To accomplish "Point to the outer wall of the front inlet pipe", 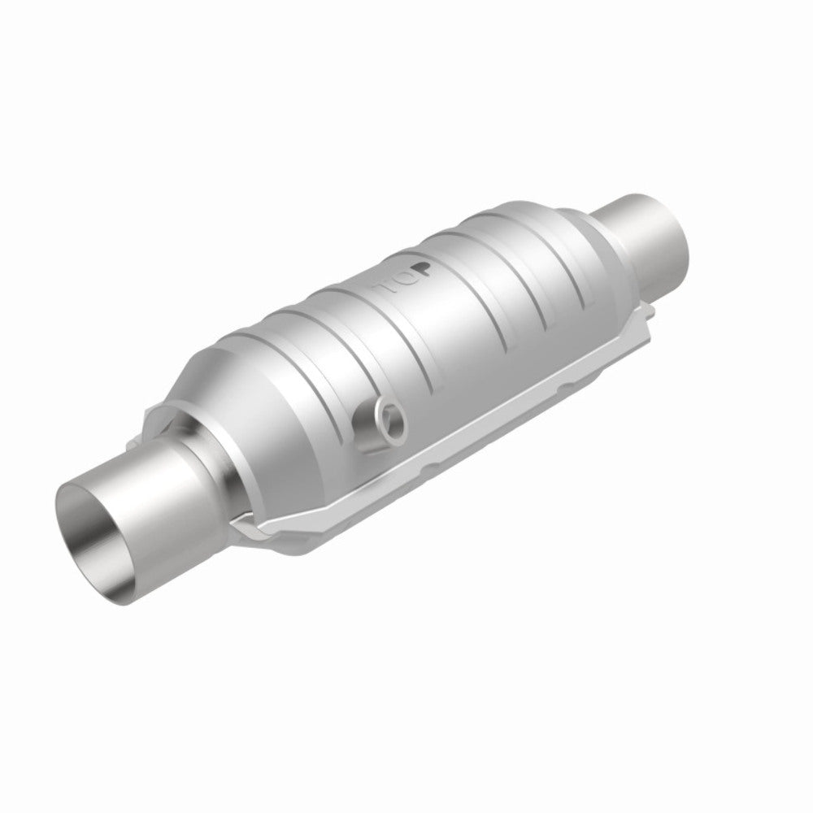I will click(154, 520).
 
